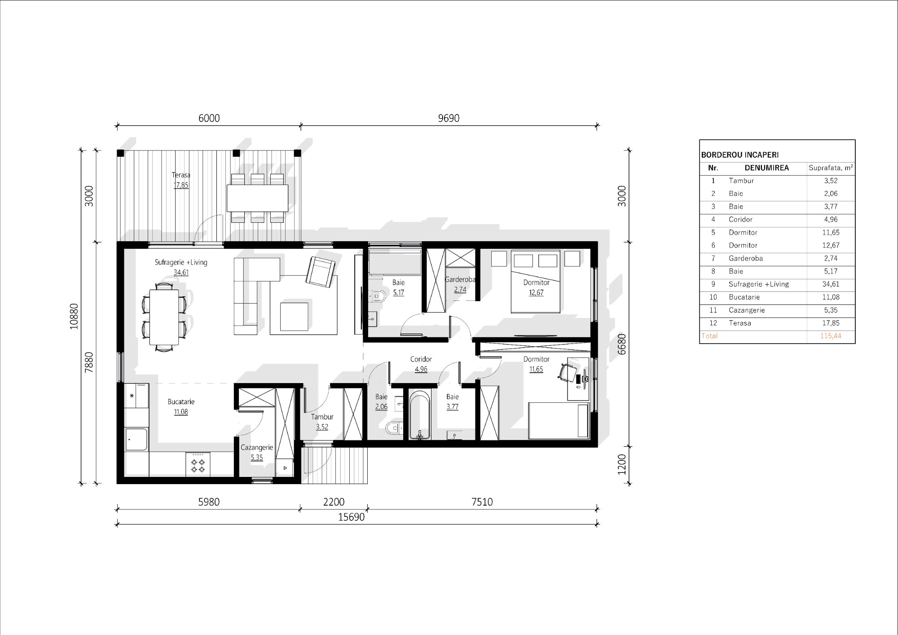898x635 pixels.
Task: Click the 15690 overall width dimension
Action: click(x=351, y=517)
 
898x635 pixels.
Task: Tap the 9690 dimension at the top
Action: click(x=449, y=118)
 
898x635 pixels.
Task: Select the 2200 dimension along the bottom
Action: click(x=334, y=502)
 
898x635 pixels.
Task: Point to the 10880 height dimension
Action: click(x=74, y=316)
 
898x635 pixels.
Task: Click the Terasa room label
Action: click(x=181, y=175)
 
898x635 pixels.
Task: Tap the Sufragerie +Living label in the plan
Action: click(x=181, y=262)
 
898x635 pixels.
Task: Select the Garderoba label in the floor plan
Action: click(x=460, y=279)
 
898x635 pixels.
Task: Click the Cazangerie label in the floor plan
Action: click(x=257, y=447)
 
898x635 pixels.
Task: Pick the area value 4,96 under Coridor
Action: click(x=421, y=369)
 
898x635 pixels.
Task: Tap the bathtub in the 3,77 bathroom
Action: click(x=420, y=415)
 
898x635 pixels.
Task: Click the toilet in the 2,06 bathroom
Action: click(x=394, y=428)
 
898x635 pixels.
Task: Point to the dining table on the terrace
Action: click(x=257, y=198)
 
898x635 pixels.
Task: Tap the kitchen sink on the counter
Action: click(x=136, y=439)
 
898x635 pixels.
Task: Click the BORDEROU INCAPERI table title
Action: click(x=740, y=155)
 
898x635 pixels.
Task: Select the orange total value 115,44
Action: click(x=831, y=336)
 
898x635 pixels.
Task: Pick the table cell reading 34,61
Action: click(x=831, y=284)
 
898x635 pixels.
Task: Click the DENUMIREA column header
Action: click(x=766, y=168)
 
